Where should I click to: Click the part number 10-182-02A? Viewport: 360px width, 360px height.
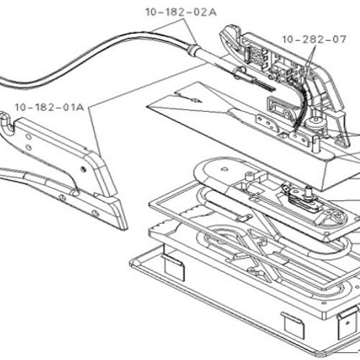click(x=181, y=12)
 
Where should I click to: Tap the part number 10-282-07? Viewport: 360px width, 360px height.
click(x=314, y=40)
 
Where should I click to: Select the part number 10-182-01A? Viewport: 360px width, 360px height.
click(x=50, y=107)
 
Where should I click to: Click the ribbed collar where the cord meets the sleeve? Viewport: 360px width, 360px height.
click(x=192, y=50)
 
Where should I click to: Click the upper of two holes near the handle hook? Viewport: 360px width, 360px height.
click(x=29, y=137)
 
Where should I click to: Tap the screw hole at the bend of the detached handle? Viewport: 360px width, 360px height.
click(x=84, y=169)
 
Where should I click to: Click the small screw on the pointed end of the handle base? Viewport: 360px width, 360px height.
click(x=95, y=213)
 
